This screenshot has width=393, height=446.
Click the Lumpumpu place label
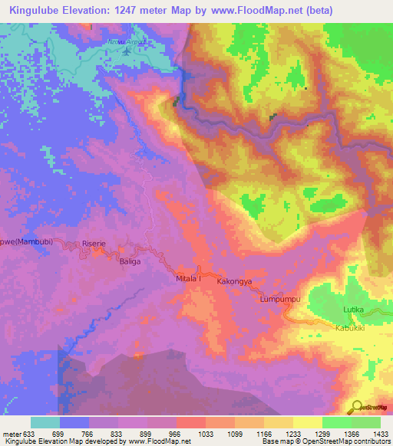(278, 299)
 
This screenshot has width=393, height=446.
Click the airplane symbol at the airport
(127, 52)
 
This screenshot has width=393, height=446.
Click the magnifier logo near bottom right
(355, 406)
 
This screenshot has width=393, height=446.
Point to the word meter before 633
(12, 434)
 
